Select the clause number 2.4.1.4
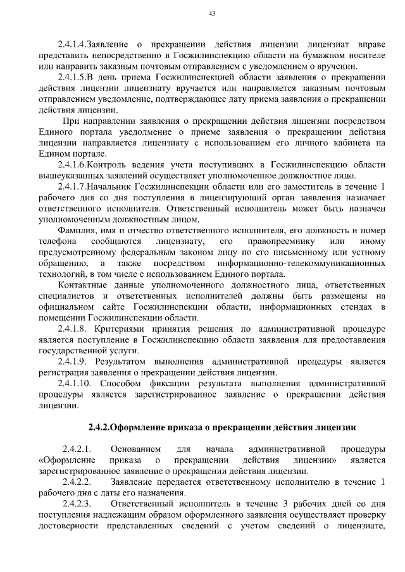click(x=72, y=46)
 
